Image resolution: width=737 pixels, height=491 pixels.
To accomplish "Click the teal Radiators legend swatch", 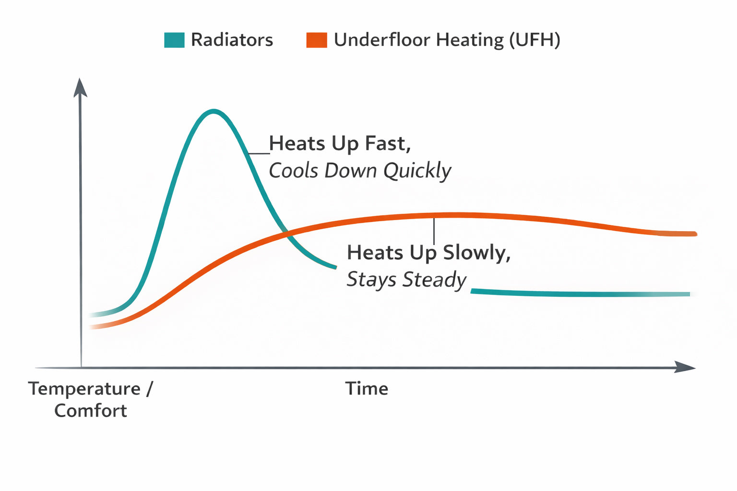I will point(174,40).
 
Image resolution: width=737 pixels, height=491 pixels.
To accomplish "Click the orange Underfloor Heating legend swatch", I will point(317,40).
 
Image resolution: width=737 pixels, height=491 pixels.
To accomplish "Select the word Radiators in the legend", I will point(232,40).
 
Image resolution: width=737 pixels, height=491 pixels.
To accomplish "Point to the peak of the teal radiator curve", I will point(213,111).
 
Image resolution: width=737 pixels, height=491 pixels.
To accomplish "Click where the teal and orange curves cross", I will point(287,234).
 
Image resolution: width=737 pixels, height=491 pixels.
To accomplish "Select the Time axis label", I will point(367,388).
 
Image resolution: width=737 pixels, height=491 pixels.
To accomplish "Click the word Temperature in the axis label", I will point(84,388).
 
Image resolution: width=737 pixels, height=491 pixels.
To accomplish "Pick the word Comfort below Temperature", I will point(90,410).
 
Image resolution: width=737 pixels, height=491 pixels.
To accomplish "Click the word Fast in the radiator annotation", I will point(388,143).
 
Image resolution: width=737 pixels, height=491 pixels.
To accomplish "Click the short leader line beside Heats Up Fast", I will point(259,153).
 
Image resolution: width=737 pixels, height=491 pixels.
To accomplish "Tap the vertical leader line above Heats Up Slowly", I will point(434,231).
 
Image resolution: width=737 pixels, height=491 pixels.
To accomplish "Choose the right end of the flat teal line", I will point(688,294).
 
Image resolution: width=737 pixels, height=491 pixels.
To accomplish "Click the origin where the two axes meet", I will point(81,368).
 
